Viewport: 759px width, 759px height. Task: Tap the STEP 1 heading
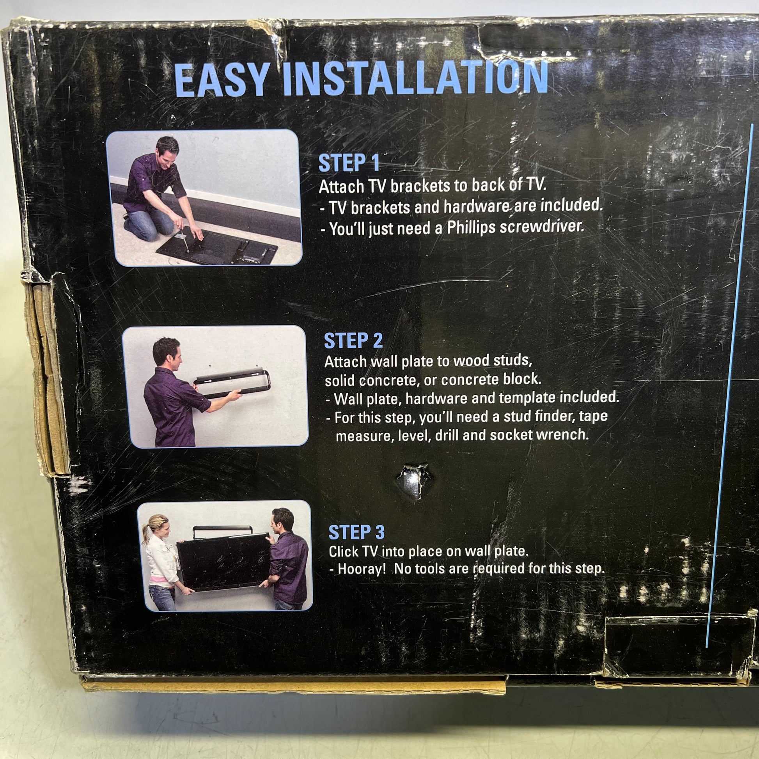click(349, 163)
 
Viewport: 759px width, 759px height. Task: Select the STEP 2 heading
click(353, 340)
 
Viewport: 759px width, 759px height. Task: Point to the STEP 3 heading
click(356, 532)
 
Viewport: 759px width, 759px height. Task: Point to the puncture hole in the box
click(413, 481)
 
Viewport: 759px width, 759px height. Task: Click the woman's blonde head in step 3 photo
click(156, 528)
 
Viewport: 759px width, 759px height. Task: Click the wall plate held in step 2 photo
click(232, 383)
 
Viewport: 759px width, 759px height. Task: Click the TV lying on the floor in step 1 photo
click(217, 248)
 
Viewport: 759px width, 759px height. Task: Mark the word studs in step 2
click(513, 360)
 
